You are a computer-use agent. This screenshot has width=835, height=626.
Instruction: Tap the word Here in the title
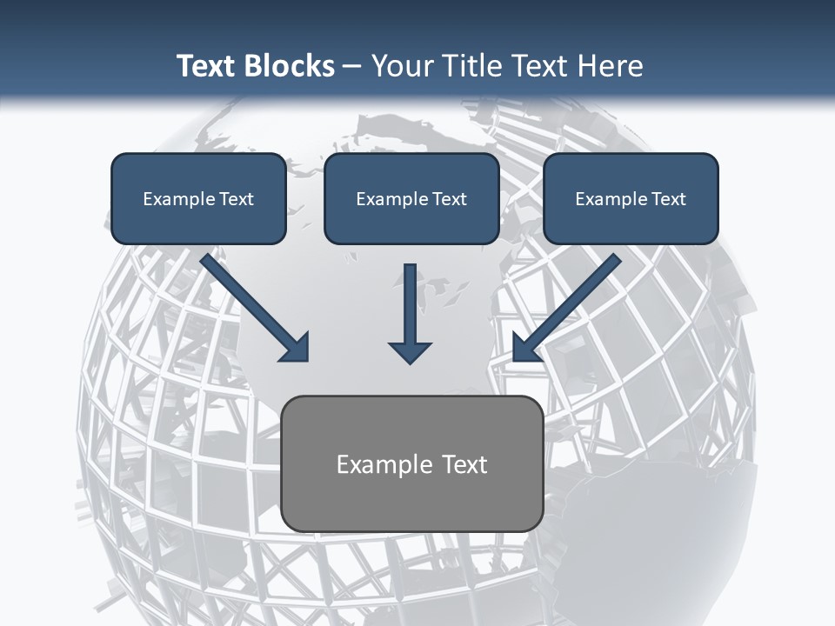pyautogui.click(x=609, y=66)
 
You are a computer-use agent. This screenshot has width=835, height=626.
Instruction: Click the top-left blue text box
pyautogui.click(x=198, y=198)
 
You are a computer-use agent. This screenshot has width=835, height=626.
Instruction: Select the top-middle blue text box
pyautogui.click(x=411, y=198)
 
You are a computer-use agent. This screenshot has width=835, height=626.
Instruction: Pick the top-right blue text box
pyautogui.click(x=631, y=198)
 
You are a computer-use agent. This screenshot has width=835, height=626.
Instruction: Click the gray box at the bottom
pyautogui.click(x=411, y=463)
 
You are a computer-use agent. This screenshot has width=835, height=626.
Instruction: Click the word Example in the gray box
pyautogui.click(x=379, y=464)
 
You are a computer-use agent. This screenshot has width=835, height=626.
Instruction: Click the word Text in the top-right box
pyautogui.click(x=669, y=199)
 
